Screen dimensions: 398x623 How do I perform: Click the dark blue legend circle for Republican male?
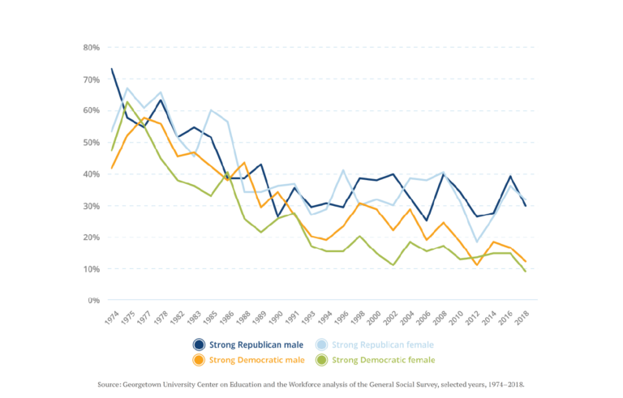(x=199, y=344)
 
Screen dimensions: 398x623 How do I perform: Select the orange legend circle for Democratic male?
(x=199, y=360)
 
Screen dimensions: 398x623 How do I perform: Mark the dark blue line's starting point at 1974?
(x=112, y=69)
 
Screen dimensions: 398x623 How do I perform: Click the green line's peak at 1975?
(x=127, y=101)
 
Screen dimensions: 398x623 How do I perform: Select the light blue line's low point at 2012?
(x=477, y=242)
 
